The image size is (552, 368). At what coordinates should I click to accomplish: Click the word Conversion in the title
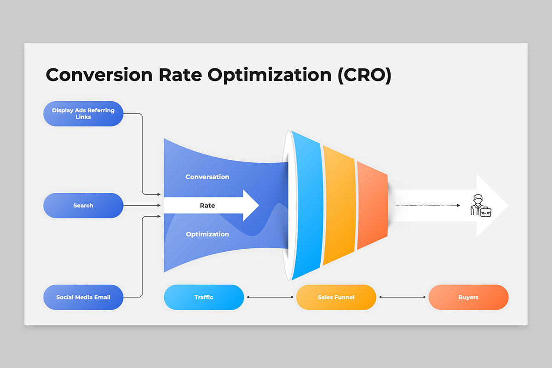click(x=99, y=75)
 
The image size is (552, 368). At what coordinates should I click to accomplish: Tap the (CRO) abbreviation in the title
click(x=364, y=75)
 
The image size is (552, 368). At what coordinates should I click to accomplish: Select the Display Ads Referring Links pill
click(x=83, y=114)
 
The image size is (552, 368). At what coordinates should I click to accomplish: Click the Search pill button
click(x=83, y=205)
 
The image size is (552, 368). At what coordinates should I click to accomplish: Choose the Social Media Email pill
click(x=83, y=297)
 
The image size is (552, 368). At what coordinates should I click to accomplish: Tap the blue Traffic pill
click(x=204, y=297)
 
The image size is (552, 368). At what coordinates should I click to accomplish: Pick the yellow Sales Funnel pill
click(x=336, y=297)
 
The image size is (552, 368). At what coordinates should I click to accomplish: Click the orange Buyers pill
click(x=468, y=297)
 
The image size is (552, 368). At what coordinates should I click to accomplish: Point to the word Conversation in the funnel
click(x=207, y=177)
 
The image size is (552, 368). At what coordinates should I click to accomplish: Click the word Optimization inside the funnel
click(x=207, y=234)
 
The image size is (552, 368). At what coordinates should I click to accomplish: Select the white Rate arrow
click(x=212, y=205)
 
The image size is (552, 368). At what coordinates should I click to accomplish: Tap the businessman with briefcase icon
click(x=481, y=206)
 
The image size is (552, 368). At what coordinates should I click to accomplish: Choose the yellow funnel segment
click(x=339, y=205)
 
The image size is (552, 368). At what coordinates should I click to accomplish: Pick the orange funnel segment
click(x=372, y=205)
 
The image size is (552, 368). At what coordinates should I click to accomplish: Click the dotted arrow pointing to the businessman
click(x=428, y=205)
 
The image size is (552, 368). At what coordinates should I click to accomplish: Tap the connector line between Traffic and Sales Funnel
click(x=270, y=297)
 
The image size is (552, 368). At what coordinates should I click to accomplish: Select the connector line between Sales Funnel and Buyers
click(x=402, y=297)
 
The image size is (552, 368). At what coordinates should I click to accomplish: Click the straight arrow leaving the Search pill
click(x=142, y=205)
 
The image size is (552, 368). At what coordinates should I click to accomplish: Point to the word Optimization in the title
click(x=270, y=75)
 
